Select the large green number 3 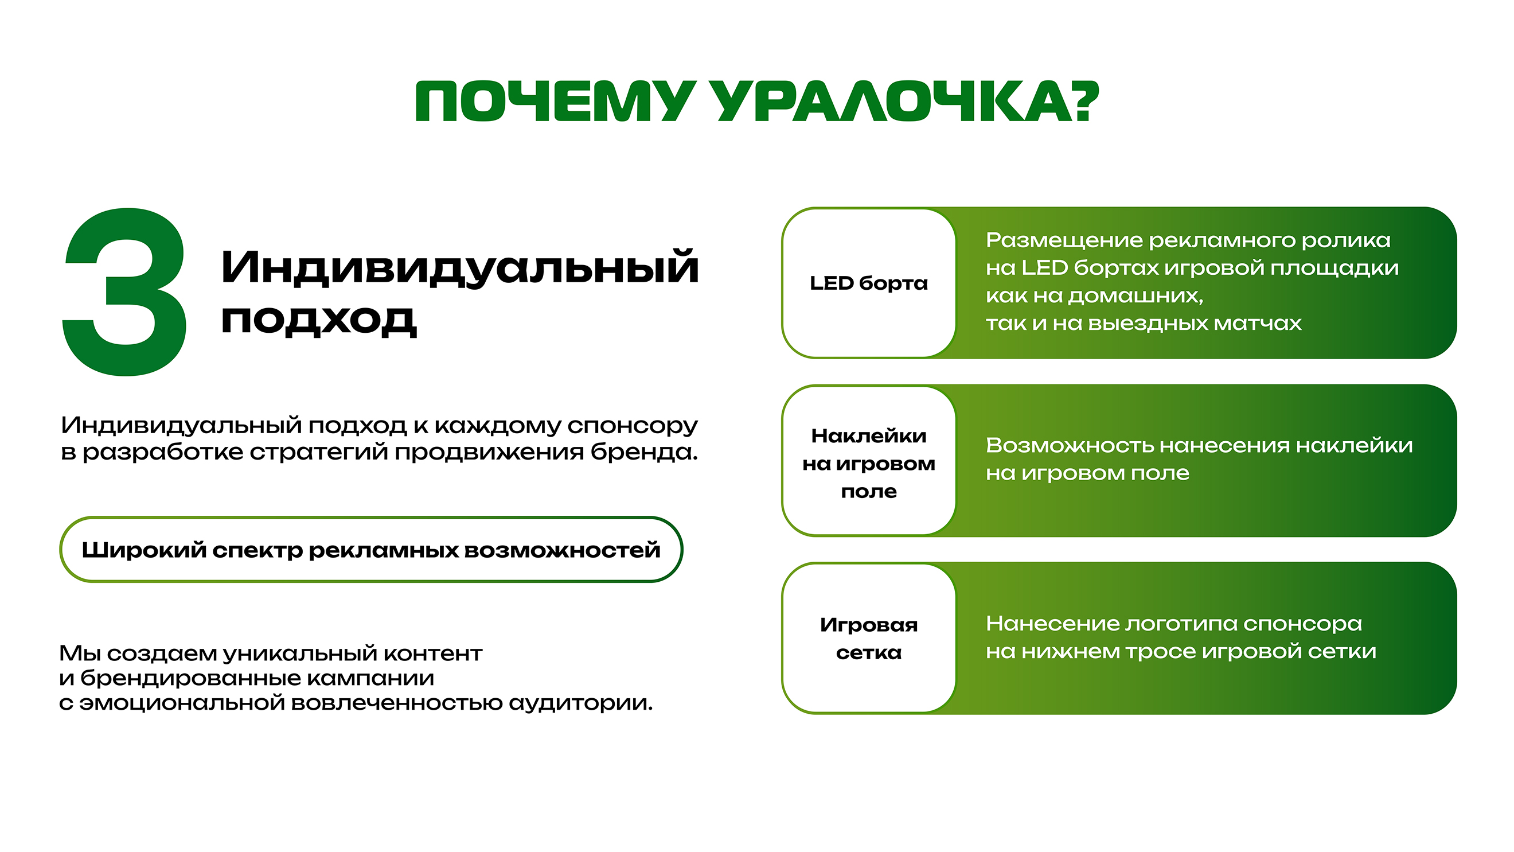pos(124,292)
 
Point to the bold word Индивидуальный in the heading pos(459,268)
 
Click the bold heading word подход pos(318,321)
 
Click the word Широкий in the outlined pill pos(144,550)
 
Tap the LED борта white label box pos(869,283)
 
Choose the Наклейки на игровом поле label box pos(869,464)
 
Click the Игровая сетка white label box pos(869,639)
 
